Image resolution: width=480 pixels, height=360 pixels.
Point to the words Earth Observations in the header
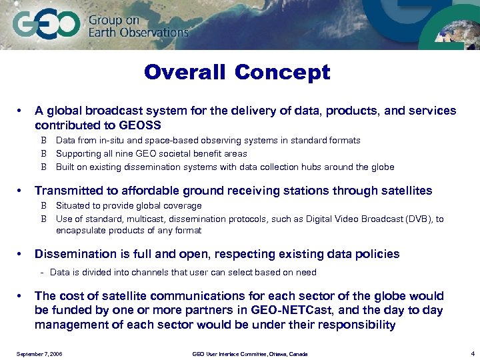(139, 32)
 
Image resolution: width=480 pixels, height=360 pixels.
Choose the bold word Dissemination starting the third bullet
(76, 254)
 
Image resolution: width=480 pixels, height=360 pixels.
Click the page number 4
(471, 353)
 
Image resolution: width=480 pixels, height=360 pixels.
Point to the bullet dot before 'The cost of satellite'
(21, 296)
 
